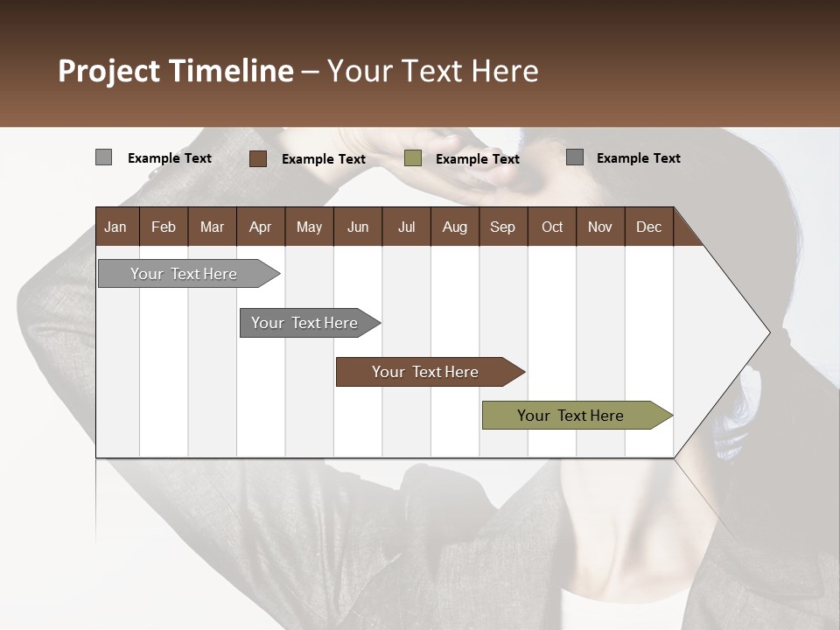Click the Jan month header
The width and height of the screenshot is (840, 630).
pos(116,227)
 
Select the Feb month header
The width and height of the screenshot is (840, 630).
pos(164,227)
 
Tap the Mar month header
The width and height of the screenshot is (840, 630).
pos(212,227)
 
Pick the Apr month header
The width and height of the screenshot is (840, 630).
pos(261,227)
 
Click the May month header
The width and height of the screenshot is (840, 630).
pos(309,227)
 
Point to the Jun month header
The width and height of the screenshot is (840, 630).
pos(358,227)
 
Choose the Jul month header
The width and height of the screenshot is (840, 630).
pos(406,227)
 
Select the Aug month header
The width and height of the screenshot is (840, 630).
pos(455,227)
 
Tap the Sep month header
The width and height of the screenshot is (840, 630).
pos(503,227)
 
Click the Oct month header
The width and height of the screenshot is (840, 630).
pos(552,227)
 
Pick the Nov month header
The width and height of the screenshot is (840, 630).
pos(600,227)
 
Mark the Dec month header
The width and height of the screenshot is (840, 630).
pos(649,227)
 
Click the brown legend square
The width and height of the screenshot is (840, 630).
pos(257,158)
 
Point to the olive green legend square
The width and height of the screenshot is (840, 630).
pos(413,158)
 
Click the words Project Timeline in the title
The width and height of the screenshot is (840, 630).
pos(176,71)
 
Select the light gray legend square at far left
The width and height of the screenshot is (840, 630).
pos(103,157)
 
